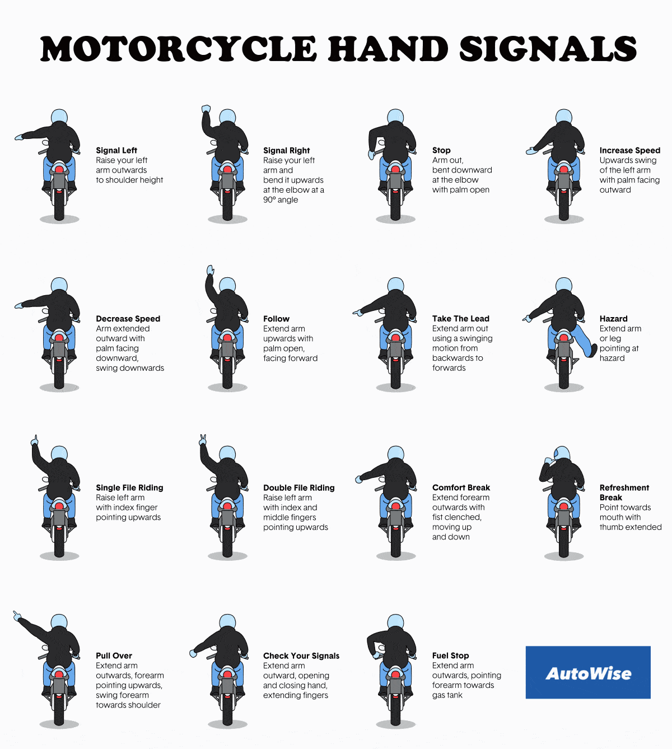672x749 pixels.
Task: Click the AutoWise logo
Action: tap(588, 673)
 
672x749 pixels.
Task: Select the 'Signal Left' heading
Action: tap(116, 150)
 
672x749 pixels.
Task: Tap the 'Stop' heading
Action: tap(441, 150)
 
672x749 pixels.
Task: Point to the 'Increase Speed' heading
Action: tap(629, 150)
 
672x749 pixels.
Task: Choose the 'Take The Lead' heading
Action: tap(460, 319)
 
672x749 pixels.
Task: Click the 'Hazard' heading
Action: tap(613, 319)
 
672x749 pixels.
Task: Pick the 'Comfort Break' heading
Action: tap(461, 487)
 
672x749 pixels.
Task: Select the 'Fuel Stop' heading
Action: tap(450, 655)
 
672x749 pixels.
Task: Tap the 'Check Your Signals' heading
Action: tap(301, 655)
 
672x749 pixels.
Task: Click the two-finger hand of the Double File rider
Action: tap(203, 440)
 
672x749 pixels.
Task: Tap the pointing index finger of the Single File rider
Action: tap(35, 439)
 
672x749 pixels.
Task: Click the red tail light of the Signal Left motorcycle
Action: tap(59, 169)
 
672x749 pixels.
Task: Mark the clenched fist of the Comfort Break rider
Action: tap(358, 479)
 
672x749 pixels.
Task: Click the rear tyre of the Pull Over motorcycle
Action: tap(59, 711)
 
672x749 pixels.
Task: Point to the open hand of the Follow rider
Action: tap(211, 270)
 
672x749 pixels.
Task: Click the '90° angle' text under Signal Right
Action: tap(281, 200)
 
